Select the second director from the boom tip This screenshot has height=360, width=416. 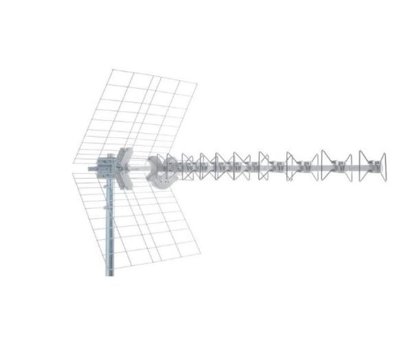[336, 166]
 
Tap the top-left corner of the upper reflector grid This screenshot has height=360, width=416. [111, 70]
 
